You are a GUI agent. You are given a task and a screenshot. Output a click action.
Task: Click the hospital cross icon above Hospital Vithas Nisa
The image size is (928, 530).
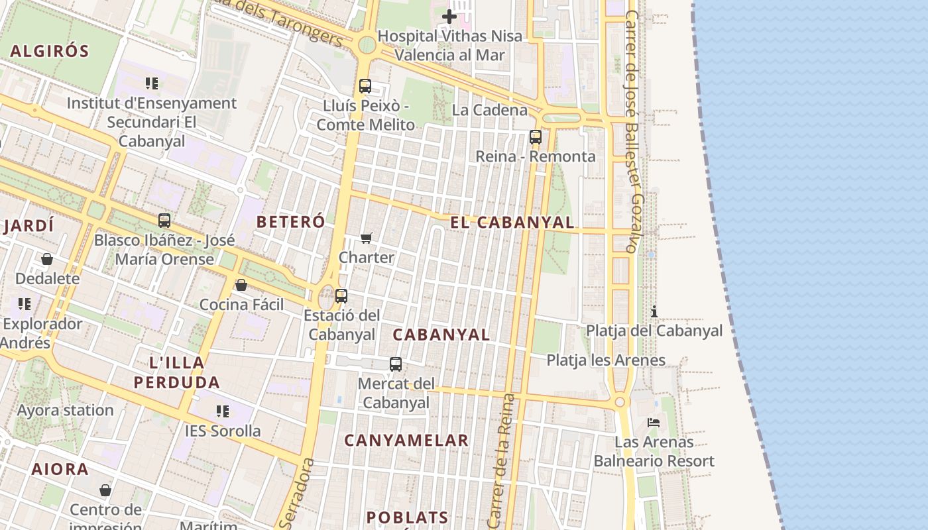click(x=449, y=17)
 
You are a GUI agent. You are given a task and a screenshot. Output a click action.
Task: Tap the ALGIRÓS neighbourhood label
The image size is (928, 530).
click(x=50, y=51)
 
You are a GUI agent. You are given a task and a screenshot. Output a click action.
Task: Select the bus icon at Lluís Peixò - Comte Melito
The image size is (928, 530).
click(x=365, y=85)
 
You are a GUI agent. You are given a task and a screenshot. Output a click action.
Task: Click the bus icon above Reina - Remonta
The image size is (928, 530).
click(x=536, y=137)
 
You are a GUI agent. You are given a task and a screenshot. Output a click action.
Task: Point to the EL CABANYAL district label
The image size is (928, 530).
click(x=512, y=223)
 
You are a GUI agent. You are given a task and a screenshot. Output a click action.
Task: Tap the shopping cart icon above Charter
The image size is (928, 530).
click(x=367, y=238)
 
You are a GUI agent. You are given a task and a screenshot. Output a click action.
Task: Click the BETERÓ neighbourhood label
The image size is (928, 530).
click(x=291, y=222)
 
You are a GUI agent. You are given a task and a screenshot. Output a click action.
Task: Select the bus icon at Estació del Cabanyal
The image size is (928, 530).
click(x=341, y=296)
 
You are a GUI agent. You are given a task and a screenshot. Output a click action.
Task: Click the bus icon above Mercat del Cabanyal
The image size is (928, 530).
click(x=396, y=364)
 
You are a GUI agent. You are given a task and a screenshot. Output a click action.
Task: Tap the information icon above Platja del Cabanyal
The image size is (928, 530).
click(x=654, y=311)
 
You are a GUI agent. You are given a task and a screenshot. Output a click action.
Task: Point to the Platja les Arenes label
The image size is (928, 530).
click(x=606, y=360)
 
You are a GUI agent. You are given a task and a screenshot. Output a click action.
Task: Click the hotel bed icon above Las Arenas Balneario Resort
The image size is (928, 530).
click(x=654, y=422)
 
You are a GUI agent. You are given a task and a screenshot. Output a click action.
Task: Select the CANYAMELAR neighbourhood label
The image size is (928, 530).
click(x=406, y=441)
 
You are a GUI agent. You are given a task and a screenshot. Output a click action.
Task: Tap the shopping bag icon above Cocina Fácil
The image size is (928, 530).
click(x=241, y=285)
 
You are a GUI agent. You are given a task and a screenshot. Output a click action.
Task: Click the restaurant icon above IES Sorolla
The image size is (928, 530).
click(x=223, y=411)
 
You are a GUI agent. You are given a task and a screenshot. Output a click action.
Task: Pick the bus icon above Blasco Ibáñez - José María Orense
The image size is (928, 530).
click(x=164, y=221)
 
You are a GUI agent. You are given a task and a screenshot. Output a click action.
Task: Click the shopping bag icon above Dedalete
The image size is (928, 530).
click(x=47, y=258)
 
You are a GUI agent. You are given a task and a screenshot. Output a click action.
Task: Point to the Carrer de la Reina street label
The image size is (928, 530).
click(x=501, y=460)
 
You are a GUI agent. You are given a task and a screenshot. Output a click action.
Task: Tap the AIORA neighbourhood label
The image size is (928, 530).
click(x=60, y=470)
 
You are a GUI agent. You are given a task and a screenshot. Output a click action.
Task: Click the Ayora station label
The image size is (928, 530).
click(x=66, y=410)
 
